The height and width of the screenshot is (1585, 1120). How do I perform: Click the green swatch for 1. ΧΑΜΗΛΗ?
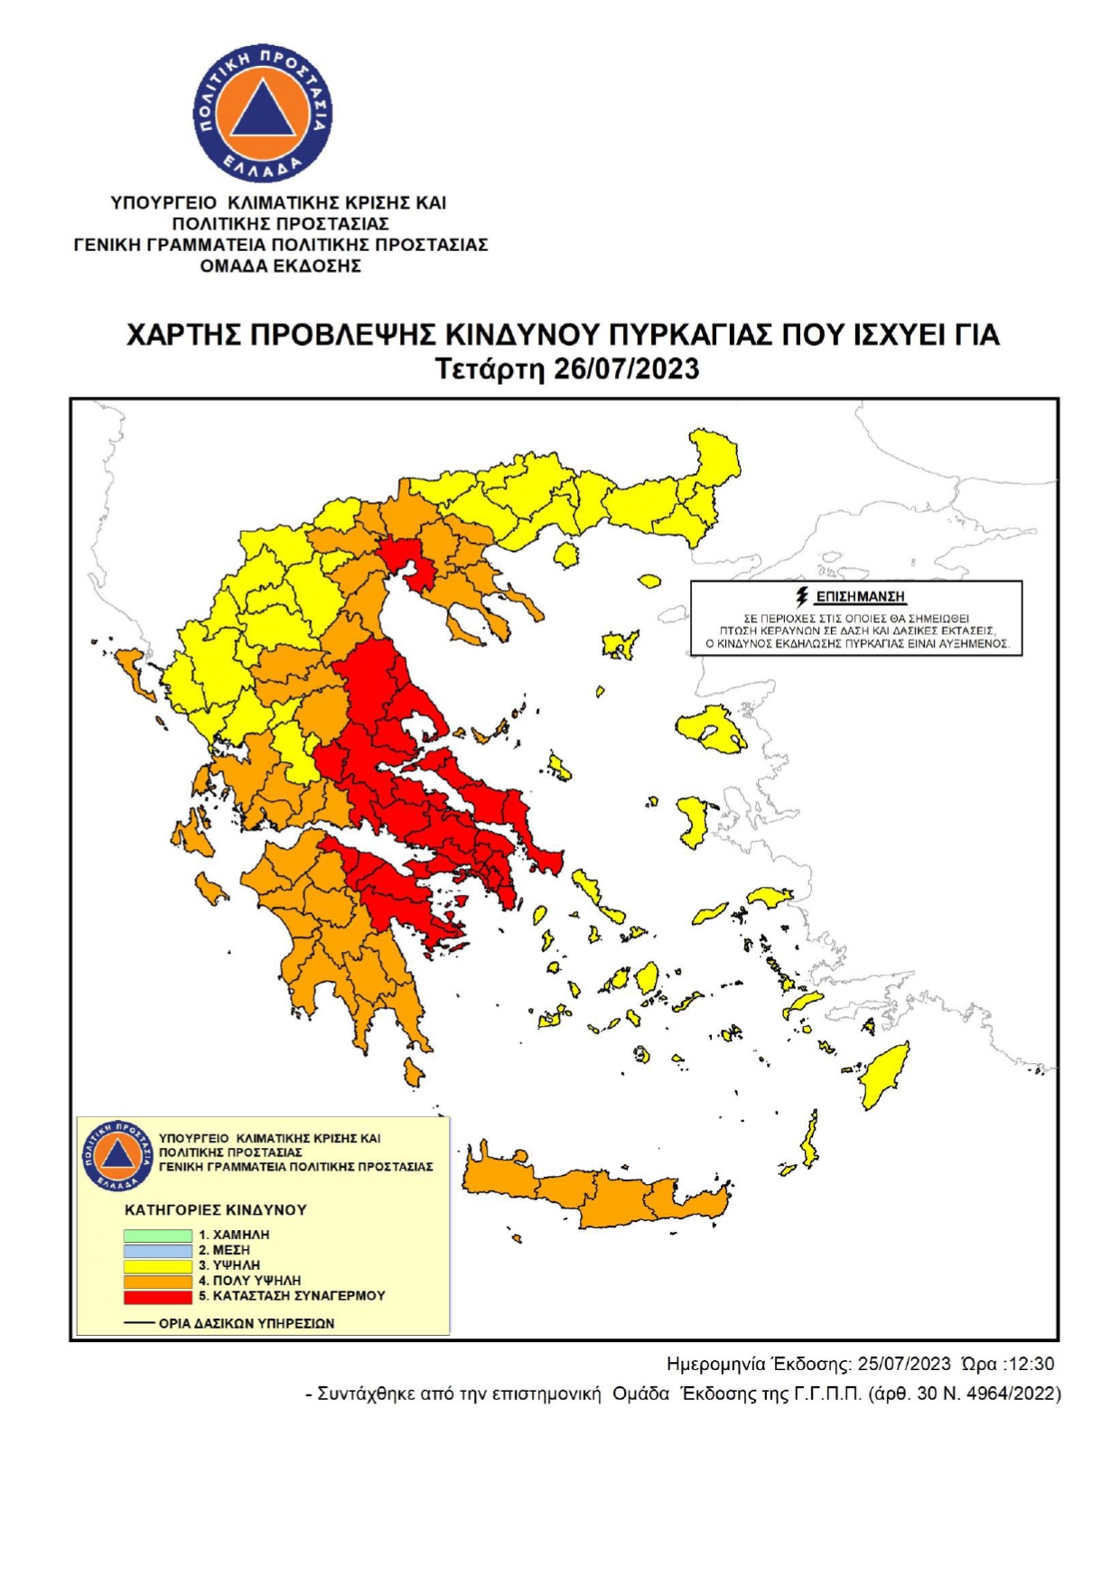click(158, 1235)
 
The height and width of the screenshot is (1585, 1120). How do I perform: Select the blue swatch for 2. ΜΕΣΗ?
click(158, 1250)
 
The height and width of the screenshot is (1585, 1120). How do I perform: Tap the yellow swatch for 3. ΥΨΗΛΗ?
click(158, 1265)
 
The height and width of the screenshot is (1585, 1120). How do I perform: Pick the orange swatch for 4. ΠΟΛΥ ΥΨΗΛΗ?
click(158, 1281)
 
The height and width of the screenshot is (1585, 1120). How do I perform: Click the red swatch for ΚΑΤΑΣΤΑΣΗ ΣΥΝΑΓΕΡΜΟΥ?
click(158, 1296)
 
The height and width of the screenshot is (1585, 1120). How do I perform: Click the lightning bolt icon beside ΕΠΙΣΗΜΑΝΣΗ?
click(801, 596)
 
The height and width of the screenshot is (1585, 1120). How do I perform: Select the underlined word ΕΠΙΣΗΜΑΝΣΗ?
click(860, 597)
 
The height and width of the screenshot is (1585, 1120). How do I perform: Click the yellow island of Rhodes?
click(884, 1075)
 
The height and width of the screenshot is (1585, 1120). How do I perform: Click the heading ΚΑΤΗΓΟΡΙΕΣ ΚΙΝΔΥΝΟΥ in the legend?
click(216, 1209)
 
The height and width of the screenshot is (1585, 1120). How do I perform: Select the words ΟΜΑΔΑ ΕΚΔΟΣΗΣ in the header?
click(280, 266)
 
